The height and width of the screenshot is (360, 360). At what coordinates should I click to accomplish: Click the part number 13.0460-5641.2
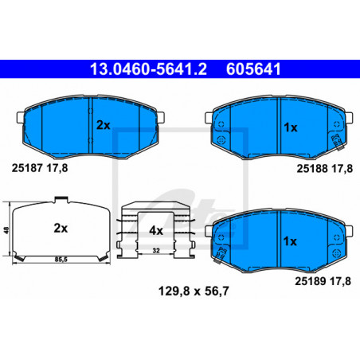click(x=148, y=69)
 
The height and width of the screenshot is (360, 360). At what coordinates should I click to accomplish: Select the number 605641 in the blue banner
click(x=253, y=69)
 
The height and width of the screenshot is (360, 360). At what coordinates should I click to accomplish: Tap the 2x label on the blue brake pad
click(x=103, y=125)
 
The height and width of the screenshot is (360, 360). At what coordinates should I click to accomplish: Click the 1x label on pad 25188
click(x=291, y=127)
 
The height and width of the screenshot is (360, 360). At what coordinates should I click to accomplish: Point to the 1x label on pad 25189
click(x=290, y=241)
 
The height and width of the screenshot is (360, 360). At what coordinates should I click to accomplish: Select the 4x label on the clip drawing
click(x=156, y=231)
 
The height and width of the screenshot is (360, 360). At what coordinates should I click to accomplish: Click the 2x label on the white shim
click(x=61, y=228)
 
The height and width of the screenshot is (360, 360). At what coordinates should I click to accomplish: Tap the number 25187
click(x=27, y=168)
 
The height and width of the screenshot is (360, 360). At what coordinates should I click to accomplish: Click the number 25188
click(x=312, y=169)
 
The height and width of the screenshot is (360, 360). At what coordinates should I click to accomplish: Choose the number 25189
click(x=311, y=281)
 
